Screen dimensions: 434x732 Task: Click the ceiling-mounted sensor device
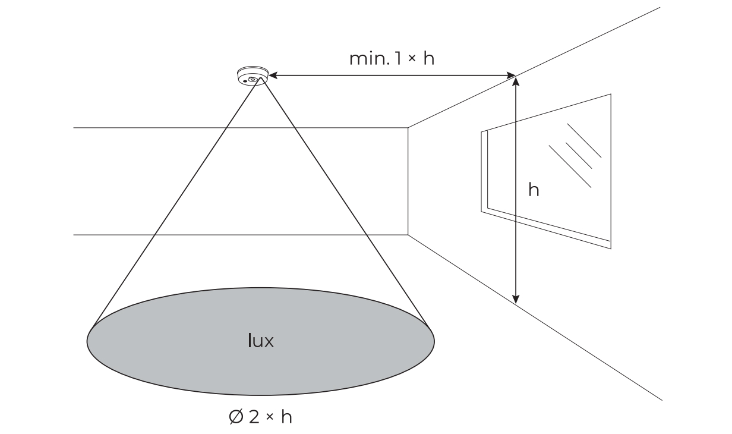[252, 77]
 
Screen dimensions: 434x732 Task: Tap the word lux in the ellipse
[260, 341]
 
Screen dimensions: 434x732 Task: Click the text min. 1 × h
[392, 59]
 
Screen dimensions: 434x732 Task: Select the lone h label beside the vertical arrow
[534, 190]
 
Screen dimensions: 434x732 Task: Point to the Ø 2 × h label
[260, 417]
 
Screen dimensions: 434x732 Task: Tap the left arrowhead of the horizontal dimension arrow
[274, 76]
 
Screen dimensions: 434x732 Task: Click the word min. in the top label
[365, 59]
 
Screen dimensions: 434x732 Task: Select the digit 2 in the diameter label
[254, 417]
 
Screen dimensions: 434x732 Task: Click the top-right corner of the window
[611, 95]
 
